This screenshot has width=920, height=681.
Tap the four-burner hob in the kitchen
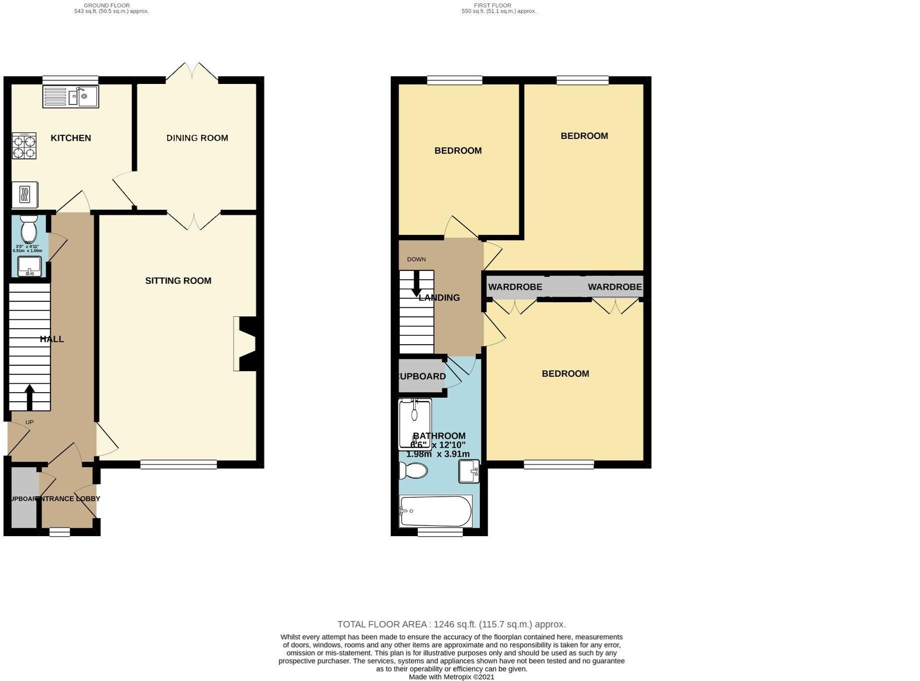[24, 145]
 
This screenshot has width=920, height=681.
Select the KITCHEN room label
[71, 138]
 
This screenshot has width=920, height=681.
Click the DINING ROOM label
[197, 138]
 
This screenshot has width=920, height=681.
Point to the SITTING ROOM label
[178, 281]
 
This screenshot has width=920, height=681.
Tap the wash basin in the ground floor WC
[29, 266]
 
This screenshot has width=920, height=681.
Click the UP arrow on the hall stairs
[29, 397]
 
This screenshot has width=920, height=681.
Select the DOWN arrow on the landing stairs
[415, 284]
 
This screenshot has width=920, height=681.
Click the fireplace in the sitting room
[246, 344]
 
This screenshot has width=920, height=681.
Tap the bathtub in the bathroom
[435, 511]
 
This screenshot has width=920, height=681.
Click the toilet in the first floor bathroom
[414, 471]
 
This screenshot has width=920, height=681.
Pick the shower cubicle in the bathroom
[414, 423]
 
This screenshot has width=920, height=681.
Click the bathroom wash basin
[469, 471]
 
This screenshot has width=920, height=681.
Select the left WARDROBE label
[515, 287]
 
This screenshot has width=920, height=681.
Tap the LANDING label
[439, 298]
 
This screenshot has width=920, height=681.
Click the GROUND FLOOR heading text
[107, 5]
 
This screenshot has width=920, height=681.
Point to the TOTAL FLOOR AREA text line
[451, 624]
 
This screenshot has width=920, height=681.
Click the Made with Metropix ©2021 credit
[451, 677]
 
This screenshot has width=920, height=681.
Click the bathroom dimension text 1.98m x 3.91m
[438, 454]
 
